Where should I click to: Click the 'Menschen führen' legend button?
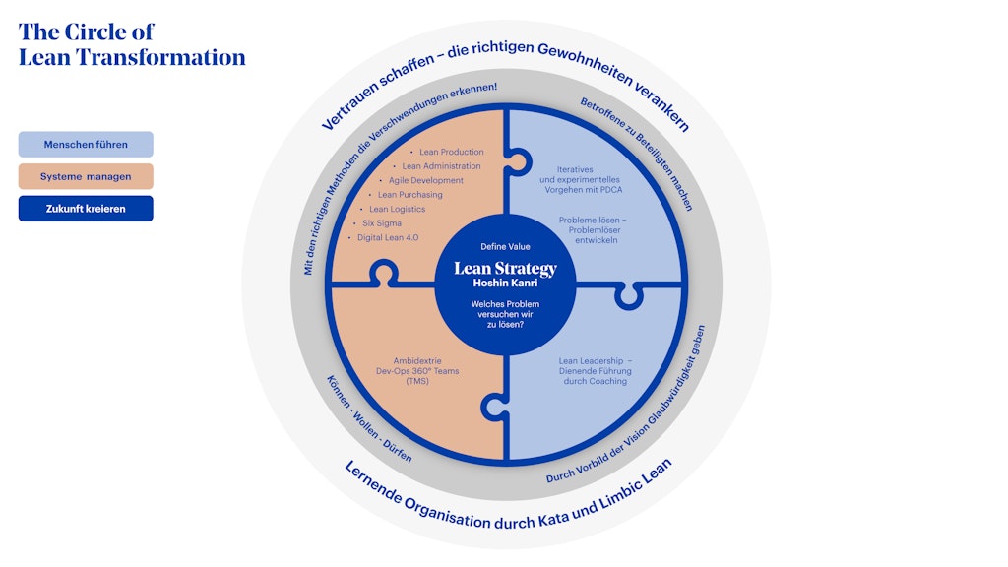pyautogui.click(x=86, y=145)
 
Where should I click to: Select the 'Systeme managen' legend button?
pyautogui.click(x=86, y=177)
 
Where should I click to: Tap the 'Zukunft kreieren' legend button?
pyautogui.click(x=86, y=209)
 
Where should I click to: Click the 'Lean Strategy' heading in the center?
pyautogui.click(x=505, y=269)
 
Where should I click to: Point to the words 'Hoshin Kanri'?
pyautogui.click(x=505, y=283)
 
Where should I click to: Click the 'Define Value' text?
pyautogui.click(x=505, y=247)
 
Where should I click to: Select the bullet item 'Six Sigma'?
pyautogui.click(x=382, y=223)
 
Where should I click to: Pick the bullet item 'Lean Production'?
pyautogui.click(x=451, y=152)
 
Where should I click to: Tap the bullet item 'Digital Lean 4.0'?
pyautogui.click(x=388, y=238)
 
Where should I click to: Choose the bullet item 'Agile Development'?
pyautogui.click(x=425, y=181)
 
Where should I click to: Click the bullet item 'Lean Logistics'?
pyautogui.click(x=397, y=209)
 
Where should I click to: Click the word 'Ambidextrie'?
pyautogui.click(x=417, y=361)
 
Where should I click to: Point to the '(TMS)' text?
pyautogui.click(x=417, y=381)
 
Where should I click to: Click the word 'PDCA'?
pyautogui.click(x=610, y=190)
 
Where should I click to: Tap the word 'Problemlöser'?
pyautogui.click(x=595, y=230)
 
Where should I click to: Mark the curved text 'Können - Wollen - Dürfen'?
pyautogui.click(x=369, y=419)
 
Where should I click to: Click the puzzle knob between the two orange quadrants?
pyautogui.click(x=384, y=272)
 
